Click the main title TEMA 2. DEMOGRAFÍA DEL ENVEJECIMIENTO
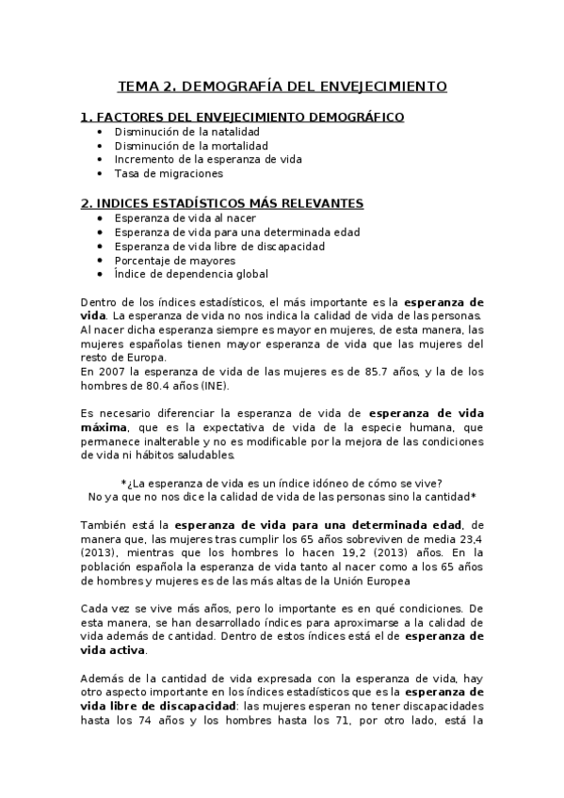[282, 87]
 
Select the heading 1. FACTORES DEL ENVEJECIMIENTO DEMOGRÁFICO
[243, 117]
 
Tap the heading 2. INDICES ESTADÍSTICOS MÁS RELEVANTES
[222, 203]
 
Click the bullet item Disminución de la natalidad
[186, 132]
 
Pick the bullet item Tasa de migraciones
[169, 173]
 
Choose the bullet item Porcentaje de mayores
[174, 261]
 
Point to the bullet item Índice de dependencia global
[191, 275]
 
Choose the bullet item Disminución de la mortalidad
[190, 146]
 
